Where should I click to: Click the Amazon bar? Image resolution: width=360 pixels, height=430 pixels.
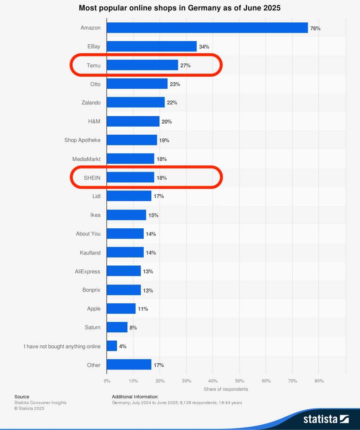[x=207, y=28]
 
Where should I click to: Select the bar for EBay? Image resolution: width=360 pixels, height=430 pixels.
[x=152, y=46]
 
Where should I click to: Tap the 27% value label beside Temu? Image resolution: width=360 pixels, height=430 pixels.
[x=185, y=66]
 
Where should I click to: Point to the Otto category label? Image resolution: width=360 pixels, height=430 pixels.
[x=95, y=84]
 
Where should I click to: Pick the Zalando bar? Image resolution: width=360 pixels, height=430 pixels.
[x=136, y=103]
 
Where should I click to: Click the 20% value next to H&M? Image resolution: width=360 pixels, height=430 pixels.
[x=167, y=122]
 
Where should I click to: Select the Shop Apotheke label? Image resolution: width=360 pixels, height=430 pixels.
[x=82, y=140]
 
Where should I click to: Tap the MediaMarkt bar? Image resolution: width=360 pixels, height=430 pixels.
[x=130, y=159]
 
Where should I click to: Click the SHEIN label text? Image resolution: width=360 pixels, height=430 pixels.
[x=92, y=178]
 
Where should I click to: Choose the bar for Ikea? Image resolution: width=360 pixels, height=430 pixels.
[x=126, y=215]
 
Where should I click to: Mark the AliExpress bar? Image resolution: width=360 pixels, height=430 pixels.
[x=124, y=271]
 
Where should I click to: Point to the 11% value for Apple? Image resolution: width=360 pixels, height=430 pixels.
[x=143, y=309]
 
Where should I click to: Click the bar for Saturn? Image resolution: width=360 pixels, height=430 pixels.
[x=117, y=327]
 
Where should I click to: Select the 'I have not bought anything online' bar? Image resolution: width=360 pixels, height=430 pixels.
[x=112, y=346]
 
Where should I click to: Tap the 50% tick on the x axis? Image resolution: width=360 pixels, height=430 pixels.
[x=239, y=381]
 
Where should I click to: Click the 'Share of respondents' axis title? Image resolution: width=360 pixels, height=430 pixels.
[x=226, y=389]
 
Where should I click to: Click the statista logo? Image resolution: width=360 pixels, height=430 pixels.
[x=326, y=419]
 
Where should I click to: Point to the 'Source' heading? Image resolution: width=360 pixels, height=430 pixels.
[x=22, y=397]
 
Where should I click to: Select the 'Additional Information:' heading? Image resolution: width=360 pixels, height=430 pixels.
[x=135, y=397]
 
